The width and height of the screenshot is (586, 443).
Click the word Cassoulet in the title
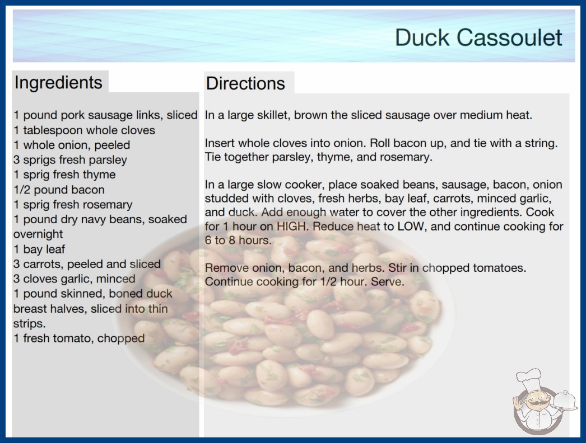pyautogui.click(x=509, y=37)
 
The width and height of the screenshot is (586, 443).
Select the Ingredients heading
pyautogui.click(x=58, y=82)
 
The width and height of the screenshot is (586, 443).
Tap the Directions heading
pyautogui.click(x=245, y=83)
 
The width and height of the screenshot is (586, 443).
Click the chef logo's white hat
pyautogui.click(x=528, y=378)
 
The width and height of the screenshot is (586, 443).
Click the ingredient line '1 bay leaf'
pyautogui.click(x=39, y=249)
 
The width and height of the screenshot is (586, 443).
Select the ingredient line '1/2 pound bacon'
pyautogui.click(x=59, y=190)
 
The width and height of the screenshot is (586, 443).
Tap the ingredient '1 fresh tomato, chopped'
pyautogui.click(x=79, y=338)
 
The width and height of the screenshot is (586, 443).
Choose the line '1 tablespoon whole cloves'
pyautogui.click(x=84, y=130)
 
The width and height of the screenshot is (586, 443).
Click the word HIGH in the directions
pyautogui.click(x=292, y=227)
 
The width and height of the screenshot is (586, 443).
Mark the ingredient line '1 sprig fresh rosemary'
pyautogui.click(x=73, y=205)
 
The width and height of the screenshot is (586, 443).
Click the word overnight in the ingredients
pyautogui.click(x=38, y=234)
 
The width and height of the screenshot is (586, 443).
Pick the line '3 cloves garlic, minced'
pyautogui.click(x=75, y=279)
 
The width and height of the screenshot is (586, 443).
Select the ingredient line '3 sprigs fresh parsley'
pyautogui.click(x=70, y=160)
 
